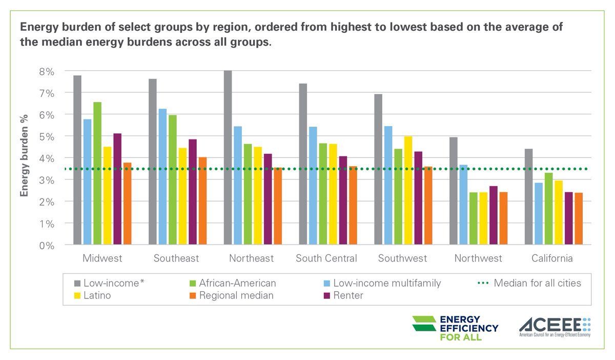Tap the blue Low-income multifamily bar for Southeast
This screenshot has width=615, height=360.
[162, 177]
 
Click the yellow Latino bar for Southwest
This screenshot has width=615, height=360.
[408, 191]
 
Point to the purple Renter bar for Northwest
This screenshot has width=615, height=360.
[494, 215]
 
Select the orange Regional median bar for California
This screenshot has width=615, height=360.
[578, 219]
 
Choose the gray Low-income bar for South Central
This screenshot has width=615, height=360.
[303, 164]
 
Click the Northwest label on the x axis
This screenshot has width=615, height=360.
[478, 258]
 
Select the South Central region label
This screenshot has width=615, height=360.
[326, 258]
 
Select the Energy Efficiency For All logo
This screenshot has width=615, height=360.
[455, 328]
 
